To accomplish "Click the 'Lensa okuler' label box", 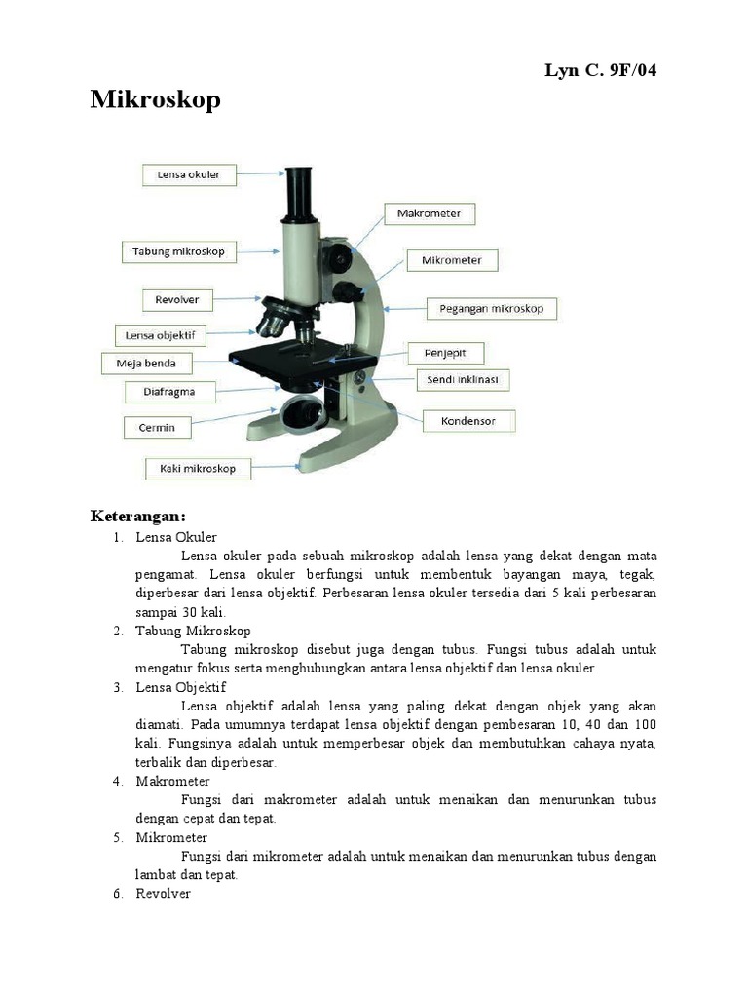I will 189,175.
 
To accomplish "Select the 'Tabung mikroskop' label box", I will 178,251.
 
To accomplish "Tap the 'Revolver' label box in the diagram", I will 177,299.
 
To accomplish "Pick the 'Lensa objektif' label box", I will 161,335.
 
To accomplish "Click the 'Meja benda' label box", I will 147,364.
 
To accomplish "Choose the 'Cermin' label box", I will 157,427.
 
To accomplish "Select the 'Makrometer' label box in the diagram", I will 430,212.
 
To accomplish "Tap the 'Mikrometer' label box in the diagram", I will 458,260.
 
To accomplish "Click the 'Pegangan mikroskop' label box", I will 492,309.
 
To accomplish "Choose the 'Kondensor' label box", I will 467,421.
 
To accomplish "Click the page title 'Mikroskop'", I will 156,100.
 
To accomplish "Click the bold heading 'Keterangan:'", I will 137,515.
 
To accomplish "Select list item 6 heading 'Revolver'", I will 163,894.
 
